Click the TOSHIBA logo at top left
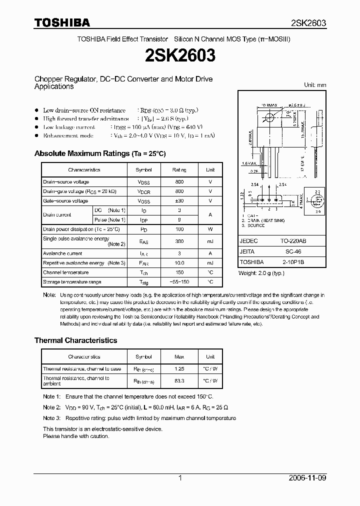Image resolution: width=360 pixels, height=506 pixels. click(x=62, y=22)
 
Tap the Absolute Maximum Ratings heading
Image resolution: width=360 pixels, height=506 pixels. click(x=99, y=153)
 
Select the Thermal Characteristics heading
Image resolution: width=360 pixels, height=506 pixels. click(x=75, y=340)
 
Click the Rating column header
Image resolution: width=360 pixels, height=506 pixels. click(x=179, y=170)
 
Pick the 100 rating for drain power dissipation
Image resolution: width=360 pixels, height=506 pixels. click(x=179, y=229)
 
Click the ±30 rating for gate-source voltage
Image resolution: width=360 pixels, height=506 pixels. click(x=179, y=201)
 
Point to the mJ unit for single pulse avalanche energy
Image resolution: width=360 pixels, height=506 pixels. click(x=210, y=241)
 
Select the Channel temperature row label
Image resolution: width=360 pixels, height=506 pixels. click(x=65, y=272)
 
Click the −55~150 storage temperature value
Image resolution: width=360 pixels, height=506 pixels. click(x=179, y=282)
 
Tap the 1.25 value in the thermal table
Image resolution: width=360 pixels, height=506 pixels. click(x=179, y=369)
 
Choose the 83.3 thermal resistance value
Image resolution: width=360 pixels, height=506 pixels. click(x=179, y=380)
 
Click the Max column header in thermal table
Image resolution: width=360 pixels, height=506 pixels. click(x=179, y=356)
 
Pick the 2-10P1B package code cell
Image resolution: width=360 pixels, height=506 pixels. click(x=293, y=262)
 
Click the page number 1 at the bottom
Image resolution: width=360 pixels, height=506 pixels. click(x=180, y=478)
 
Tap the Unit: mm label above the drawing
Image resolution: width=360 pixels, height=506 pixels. click(x=315, y=85)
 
